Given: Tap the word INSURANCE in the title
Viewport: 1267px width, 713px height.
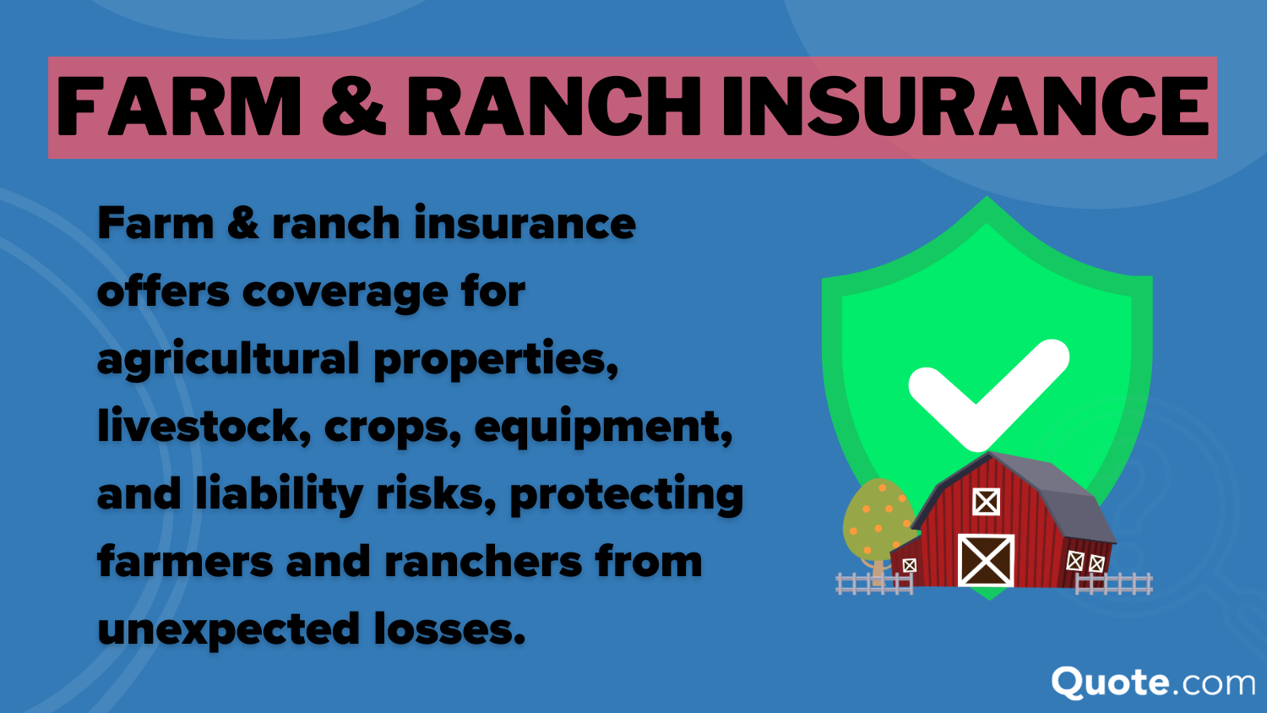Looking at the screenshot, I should pyautogui.click(x=965, y=107).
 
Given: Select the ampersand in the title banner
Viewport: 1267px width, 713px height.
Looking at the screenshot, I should pyautogui.click(x=354, y=107).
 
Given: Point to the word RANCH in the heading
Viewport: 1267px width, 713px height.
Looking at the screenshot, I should pyautogui.click(x=553, y=107).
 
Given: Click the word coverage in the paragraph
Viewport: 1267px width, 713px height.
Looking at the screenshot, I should pyautogui.click(x=345, y=291).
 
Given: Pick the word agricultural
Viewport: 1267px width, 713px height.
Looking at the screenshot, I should pyautogui.click(x=228, y=360).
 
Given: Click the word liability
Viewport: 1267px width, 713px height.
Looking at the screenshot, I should pyautogui.click(x=279, y=494).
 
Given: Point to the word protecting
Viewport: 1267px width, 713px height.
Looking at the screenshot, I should pyautogui.click(x=626, y=495).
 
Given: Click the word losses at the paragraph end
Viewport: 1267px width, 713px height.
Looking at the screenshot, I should pyautogui.click(x=449, y=629).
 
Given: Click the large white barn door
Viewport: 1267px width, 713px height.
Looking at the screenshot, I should pyautogui.click(x=986, y=560).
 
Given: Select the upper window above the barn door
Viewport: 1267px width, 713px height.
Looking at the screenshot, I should pyautogui.click(x=986, y=502).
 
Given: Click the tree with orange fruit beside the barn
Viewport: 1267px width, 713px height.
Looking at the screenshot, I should pyautogui.click(x=876, y=520).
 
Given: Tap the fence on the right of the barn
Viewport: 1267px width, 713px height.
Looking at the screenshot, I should pyautogui.click(x=1115, y=583).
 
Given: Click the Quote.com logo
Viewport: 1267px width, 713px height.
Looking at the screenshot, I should pyautogui.click(x=1153, y=683).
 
